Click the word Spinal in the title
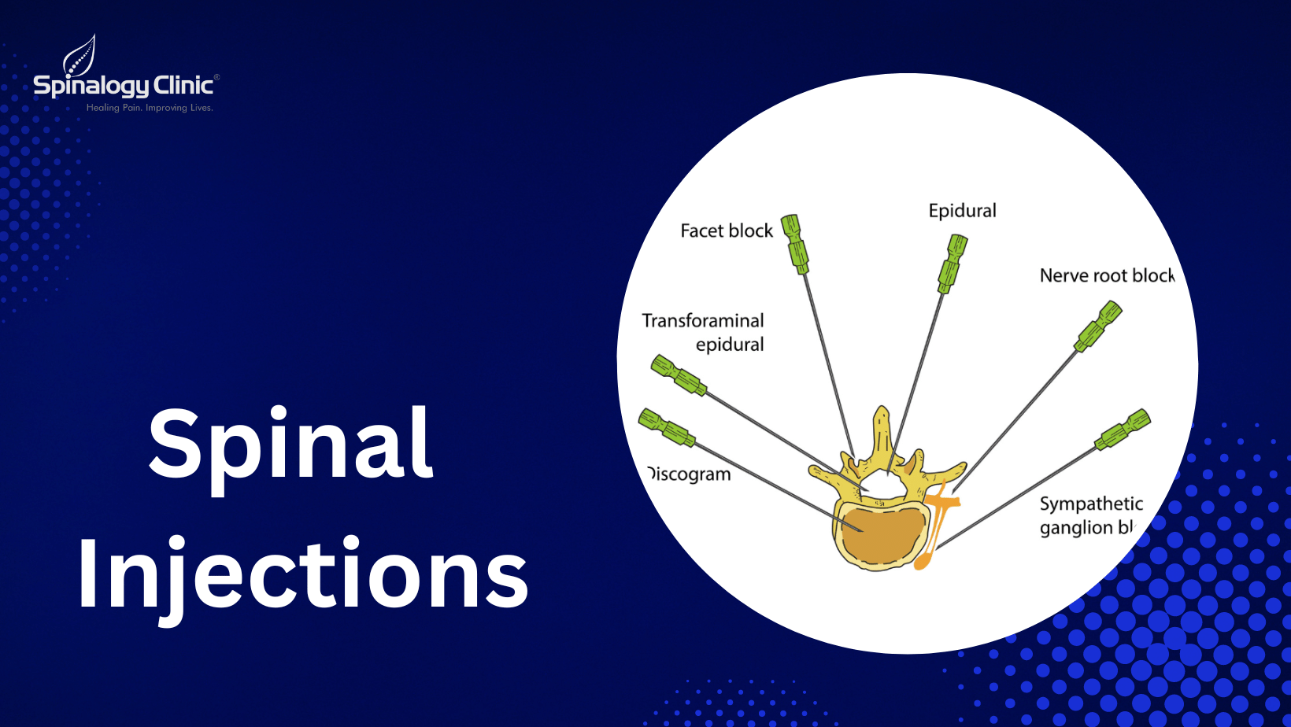click(x=290, y=445)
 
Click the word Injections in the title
click(x=303, y=574)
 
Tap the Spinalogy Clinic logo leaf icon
click(x=80, y=54)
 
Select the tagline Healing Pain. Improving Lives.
click(x=150, y=108)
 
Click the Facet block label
click(x=727, y=231)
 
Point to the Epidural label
click(x=962, y=211)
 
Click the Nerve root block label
click(x=1106, y=275)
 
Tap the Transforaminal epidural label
click(x=703, y=332)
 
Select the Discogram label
click(x=690, y=474)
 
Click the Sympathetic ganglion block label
click(x=1089, y=515)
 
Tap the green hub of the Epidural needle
click(x=953, y=262)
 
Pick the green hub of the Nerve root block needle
click(x=1099, y=325)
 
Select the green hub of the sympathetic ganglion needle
click(x=1124, y=430)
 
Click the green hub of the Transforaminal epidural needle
click(x=678, y=375)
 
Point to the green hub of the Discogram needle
click(x=666, y=427)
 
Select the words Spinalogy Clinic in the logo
click(x=124, y=85)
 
